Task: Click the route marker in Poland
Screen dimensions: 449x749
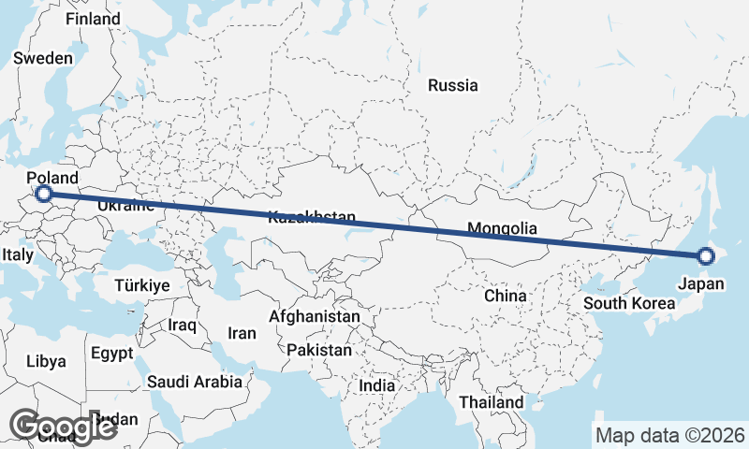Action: pos(43,194)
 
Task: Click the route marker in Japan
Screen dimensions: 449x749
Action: pos(706,255)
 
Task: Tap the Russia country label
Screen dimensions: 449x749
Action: pos(453,86)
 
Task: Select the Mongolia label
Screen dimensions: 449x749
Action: pos(502,228)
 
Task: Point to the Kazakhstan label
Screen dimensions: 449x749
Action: pos(312,218)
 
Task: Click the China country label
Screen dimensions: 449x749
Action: pos(506,296)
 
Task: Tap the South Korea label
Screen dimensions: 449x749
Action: pos(628,303)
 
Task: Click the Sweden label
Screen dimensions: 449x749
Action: pos(43,58)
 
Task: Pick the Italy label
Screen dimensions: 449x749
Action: pos(18,254)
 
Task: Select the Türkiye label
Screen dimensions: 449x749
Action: pos(141,285)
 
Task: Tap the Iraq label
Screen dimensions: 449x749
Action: pos(183,326)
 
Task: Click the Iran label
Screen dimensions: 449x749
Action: pos(242,333)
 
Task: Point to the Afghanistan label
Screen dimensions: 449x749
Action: pos(315,317)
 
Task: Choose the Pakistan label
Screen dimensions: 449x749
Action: pos(319,350)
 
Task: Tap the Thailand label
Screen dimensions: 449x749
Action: pos(492,402)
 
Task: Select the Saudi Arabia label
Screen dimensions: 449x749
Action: pos(194,382)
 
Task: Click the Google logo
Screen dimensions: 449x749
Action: pos(62,427)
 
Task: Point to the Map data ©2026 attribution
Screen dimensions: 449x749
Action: pos(669,435)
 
